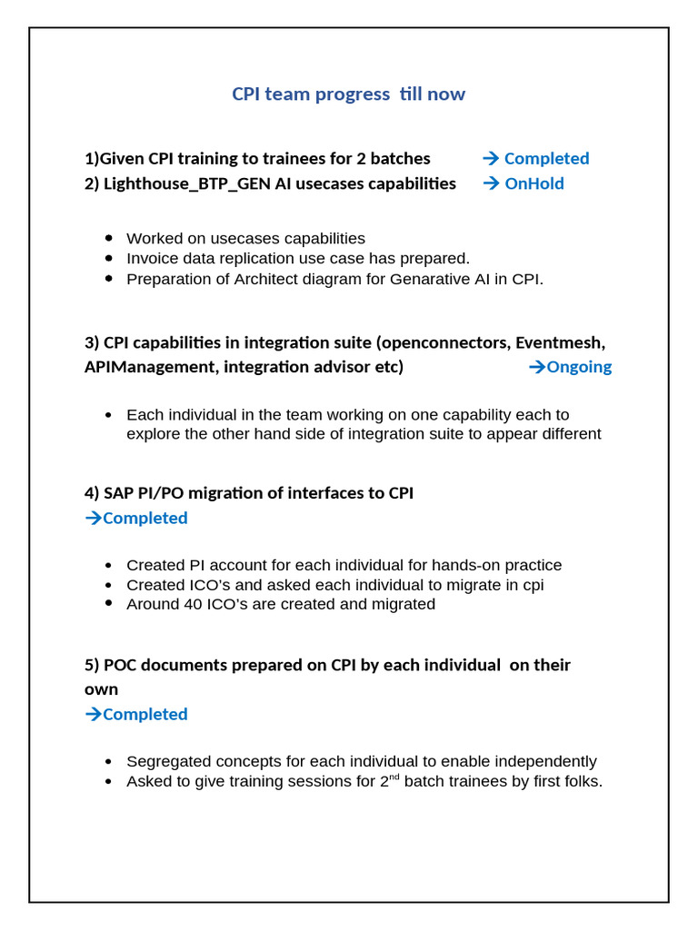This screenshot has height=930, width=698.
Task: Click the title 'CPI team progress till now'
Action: point(348,94)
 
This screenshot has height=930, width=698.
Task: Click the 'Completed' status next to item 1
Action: point(546,158)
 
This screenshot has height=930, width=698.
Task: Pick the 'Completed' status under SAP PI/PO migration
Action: point(145,518)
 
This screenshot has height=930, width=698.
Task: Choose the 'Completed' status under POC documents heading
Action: point(145,714)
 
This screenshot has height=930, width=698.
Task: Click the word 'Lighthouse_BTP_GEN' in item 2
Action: point(186,183)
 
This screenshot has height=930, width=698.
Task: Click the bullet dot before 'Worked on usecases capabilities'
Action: point(109,239)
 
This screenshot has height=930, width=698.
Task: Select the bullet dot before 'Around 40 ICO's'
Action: point(109,604)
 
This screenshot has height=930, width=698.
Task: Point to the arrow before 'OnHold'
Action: point(491,183)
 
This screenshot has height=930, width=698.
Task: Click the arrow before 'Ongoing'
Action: point(536,367)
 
